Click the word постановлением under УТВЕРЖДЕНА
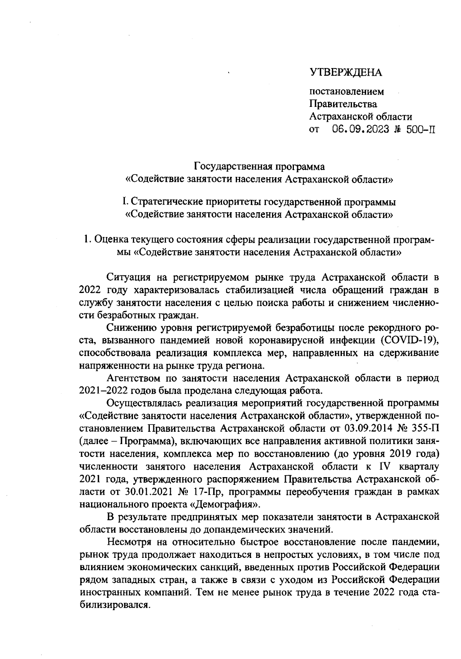[347, 92]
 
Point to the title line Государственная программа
[259, 166]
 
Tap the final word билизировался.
[114, 605]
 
